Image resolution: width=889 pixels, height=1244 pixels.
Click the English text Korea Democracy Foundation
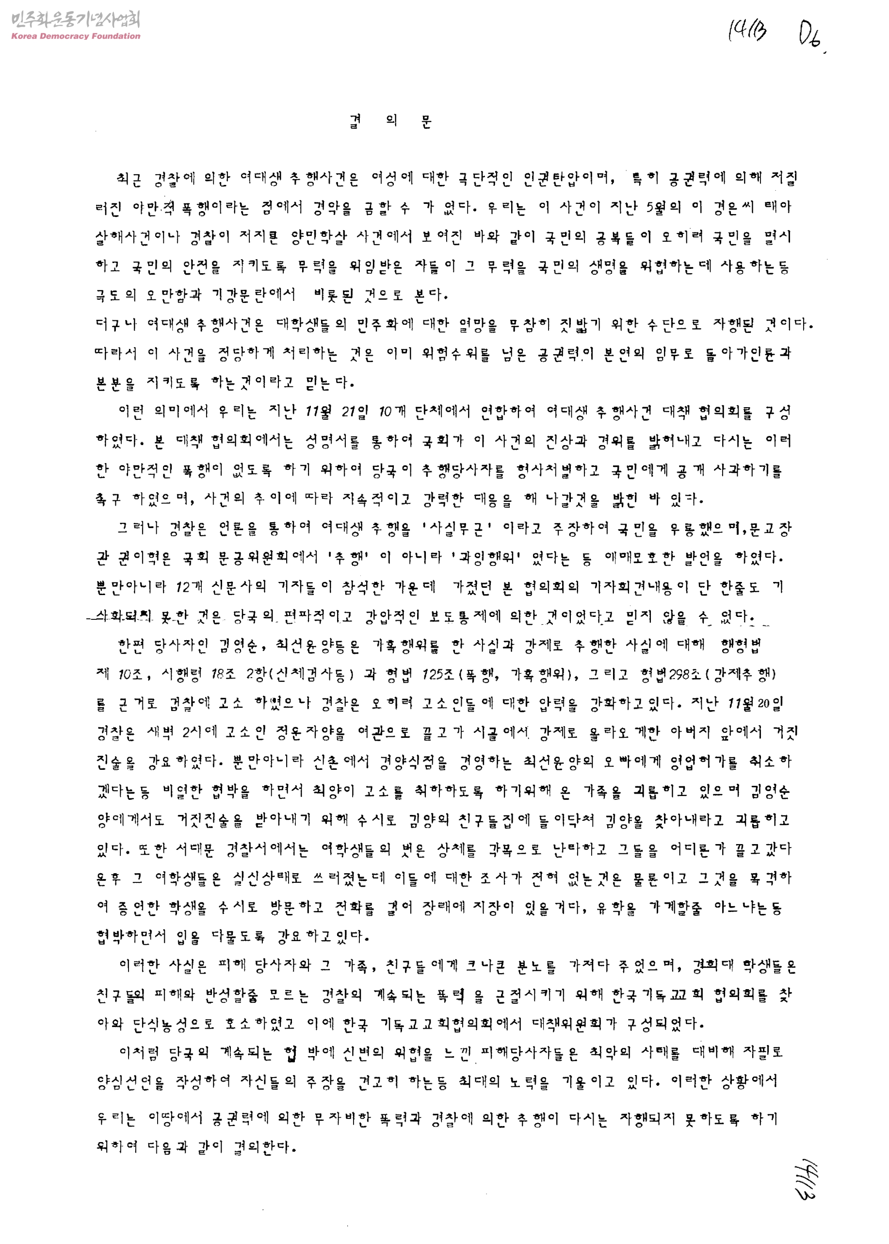point(76,36)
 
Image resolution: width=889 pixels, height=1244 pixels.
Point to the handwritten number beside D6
point(747,31)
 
